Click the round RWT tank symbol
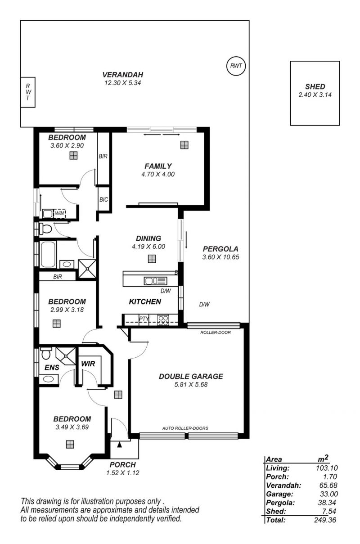(x=236, y=66)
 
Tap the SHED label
(x=315, y=86)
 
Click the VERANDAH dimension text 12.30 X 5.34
(x=123, y=83)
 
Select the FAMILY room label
(x=158, y=166)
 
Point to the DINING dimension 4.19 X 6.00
(x=148, y=247)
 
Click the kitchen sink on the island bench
(x=156, y=281)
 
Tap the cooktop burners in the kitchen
(x=163, y=320)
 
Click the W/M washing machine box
(x=59, y=213)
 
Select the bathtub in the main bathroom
(x=48, y=254)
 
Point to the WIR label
(x=88, y=364)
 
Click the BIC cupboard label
(x=103, y=200)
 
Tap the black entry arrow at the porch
(x=119, y=445)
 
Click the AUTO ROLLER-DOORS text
(x=185, y=428)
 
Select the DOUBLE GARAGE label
(x=191, y=377)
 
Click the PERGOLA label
(x=220, y=249)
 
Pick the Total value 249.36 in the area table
(x=325, y=520)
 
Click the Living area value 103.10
(x=327, y=468)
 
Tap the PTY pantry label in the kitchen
(x=144, y=319)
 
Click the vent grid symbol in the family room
(x=184, y=145)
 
